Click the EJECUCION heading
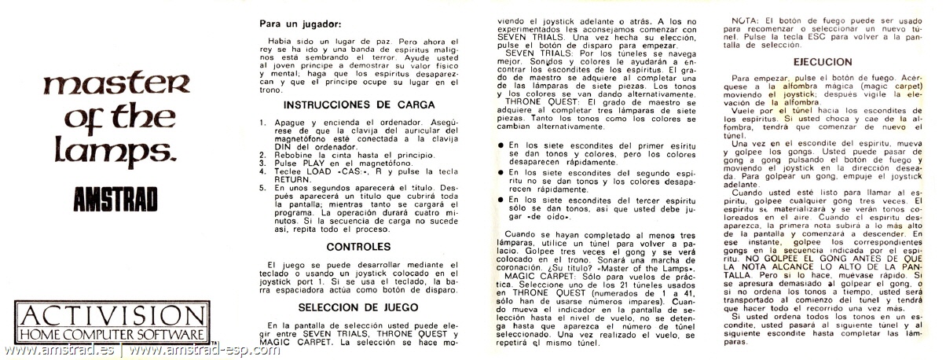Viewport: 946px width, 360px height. [823, 61]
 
